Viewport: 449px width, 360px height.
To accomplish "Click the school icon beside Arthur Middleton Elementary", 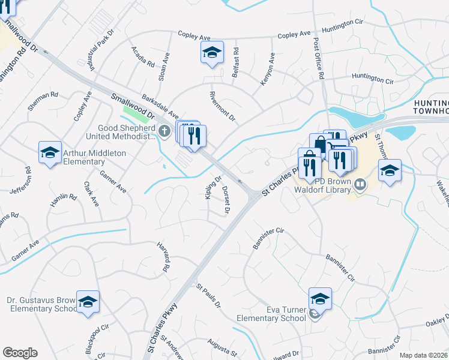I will (50, 152).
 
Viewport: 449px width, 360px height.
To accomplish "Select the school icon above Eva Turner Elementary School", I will (320, 298).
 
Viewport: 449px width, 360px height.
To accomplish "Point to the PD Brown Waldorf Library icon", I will (360, 184).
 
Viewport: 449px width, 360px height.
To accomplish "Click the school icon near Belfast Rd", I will (212, 52).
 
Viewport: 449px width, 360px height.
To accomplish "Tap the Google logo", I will (20, 353).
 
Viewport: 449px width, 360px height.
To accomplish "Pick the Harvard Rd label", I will (164, 257).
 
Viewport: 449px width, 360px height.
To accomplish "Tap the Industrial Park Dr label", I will (100, 51).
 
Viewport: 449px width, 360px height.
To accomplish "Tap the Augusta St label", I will (222, 347).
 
